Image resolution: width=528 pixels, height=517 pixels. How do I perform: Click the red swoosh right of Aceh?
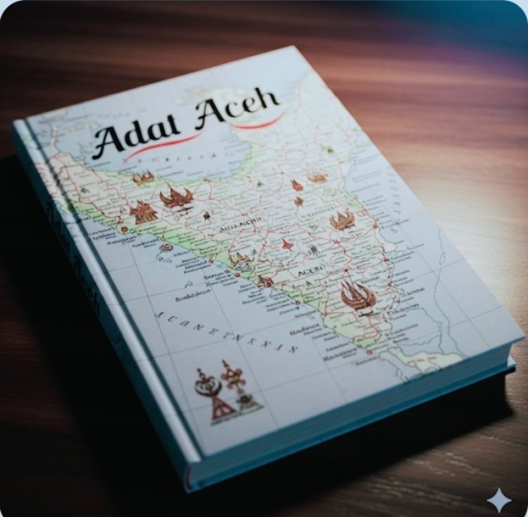tap(264, 123)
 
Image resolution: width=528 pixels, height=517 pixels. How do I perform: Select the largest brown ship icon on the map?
tap(358, 296)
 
